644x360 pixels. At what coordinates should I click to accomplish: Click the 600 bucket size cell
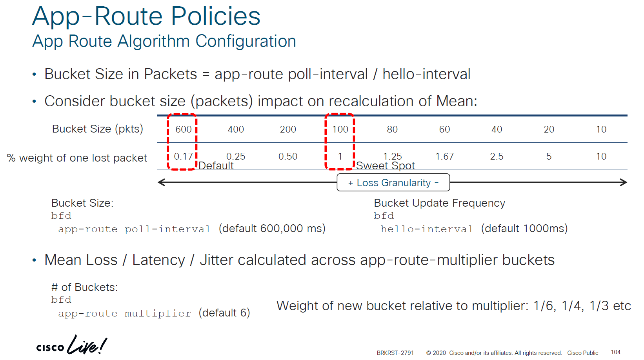[184, 129]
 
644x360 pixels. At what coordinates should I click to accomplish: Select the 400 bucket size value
[236, 129]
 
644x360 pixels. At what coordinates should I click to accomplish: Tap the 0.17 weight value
[183, 156]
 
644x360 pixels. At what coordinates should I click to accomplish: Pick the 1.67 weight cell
[444, 156]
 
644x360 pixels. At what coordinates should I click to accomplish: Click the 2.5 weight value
[497, 156]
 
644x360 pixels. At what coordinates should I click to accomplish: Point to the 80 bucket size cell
[392, 129]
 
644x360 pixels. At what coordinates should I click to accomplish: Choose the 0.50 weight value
[288, 156]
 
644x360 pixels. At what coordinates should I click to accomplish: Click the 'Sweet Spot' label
[386, 165]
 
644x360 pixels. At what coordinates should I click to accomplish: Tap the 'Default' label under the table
[216, 165]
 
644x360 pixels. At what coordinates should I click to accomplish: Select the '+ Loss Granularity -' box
[393, 182]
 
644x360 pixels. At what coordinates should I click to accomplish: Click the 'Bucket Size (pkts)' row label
[97, 129]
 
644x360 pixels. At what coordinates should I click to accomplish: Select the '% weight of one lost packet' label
[77, 158]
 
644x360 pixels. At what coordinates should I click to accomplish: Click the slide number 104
[615, 352]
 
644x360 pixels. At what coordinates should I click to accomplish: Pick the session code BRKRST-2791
[395, 353]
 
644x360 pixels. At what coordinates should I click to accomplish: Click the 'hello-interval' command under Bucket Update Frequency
[427, 229]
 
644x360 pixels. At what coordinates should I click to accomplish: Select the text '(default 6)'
[224, 313]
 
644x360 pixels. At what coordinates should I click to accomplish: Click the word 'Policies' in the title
[216, 16]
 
